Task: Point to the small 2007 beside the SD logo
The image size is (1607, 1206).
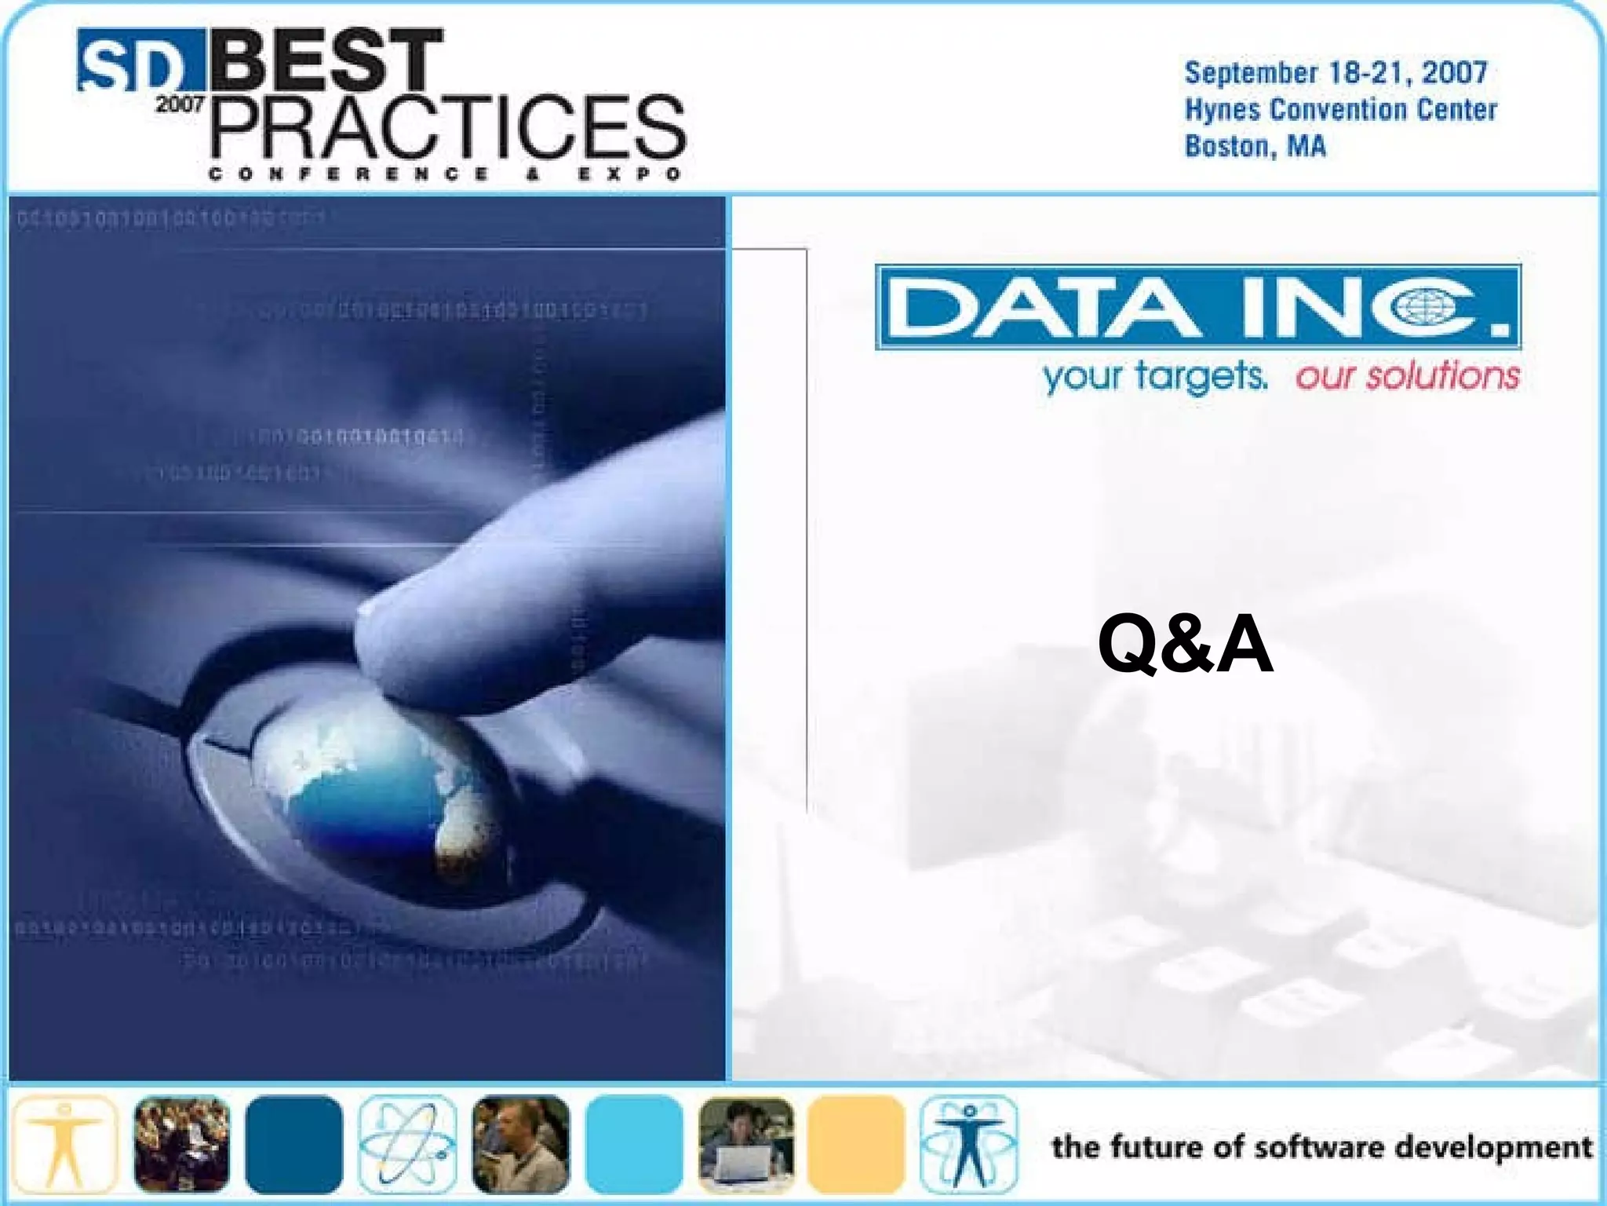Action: coord(180,104)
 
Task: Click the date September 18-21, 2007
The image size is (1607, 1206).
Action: coord(1336,73)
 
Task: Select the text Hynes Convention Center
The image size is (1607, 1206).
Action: coord(1340,109)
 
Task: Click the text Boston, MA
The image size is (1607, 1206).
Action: coord(1255,146)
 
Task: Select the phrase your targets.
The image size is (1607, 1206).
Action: coord(1154,376)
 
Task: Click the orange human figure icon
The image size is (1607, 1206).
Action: coord(65,1144)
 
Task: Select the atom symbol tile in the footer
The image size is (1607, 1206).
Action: coord(407,1144)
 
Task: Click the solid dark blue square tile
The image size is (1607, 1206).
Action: coord(293,1144)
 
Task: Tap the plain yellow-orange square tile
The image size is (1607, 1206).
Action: coord(856,1144)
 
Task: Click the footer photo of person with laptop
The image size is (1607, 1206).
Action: coord(745,1144)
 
